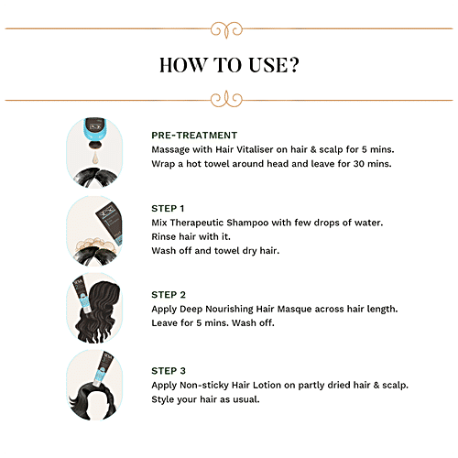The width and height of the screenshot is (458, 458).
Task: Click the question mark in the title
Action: [x=294, y=65]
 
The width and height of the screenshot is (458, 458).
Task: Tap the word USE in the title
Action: [x=268, y=65]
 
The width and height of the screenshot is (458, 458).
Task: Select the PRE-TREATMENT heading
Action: [x=194, y=136]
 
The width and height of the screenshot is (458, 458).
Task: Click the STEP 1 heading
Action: [x=168, y=209]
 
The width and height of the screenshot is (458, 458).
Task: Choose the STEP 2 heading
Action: [x=169, y=295]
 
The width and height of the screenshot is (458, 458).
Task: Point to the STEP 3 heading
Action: [x=169, y=371]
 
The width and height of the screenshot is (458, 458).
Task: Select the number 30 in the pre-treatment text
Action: [x=359, y=164]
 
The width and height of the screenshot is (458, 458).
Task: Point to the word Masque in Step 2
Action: [x=294, y=309]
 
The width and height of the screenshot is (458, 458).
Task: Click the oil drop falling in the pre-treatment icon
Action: [x=95, y=158]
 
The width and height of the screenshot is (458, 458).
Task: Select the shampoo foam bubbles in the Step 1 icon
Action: [x=95, y=244]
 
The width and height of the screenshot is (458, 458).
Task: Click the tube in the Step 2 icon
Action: [x=81, y=295]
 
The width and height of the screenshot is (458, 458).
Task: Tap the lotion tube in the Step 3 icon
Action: [x=103, y=368]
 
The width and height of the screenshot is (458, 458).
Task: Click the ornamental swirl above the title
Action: [x=226, y=30]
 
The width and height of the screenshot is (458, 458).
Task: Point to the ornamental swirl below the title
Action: [x=226, y=99]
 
